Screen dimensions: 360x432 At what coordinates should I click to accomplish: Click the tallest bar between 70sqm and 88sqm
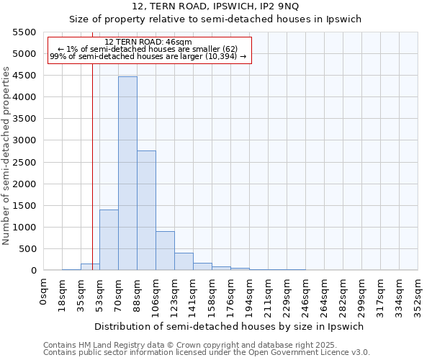(x=127, y=173)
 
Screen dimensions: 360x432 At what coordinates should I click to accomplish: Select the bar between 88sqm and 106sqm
(x=146, y=210)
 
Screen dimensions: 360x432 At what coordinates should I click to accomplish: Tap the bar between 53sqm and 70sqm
(x=109, y=240)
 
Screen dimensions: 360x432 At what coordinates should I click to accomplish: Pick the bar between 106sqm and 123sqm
(x=165, y=251)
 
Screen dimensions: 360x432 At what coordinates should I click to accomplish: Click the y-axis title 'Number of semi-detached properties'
(x=7, y=156)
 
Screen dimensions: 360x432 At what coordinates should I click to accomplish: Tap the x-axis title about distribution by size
(x=229, y=326)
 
